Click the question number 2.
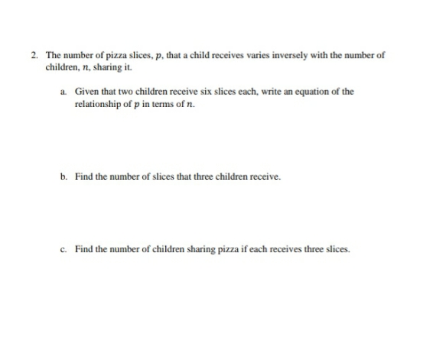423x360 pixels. pos(35,56)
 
